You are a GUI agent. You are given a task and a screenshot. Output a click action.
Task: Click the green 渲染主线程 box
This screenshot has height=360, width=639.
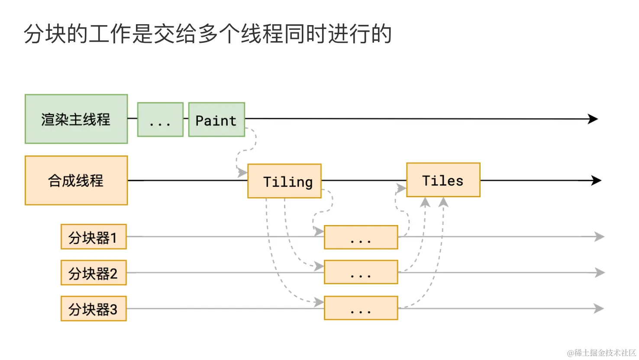[x=76, y=119]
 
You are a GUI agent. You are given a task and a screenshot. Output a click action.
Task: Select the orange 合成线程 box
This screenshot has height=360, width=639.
[x=76, y=180]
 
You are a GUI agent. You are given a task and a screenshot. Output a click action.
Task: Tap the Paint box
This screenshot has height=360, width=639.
[x=216, y=120]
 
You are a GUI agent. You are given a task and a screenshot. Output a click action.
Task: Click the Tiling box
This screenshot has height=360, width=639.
[x=284, y=181]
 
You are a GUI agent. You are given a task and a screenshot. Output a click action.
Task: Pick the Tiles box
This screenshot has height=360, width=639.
[x=443, y=180]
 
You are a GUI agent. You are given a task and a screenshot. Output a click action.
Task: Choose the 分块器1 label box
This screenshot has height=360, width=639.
[x=94, y=237]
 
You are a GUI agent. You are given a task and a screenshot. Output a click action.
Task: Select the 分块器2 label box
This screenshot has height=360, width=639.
[x=94, y=273]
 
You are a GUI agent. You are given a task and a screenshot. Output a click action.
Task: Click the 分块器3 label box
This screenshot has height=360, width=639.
[x=94, y=309]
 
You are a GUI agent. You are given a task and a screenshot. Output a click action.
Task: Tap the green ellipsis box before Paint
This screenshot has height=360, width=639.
[x=160, y=120]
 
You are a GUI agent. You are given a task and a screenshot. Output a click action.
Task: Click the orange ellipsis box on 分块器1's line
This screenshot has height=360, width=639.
[x=361, y=237]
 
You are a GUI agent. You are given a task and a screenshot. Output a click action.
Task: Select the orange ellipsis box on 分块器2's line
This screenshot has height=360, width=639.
[x=361, y=272]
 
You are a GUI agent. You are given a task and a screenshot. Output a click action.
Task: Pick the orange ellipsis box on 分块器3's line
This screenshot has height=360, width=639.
[x=361, y=308]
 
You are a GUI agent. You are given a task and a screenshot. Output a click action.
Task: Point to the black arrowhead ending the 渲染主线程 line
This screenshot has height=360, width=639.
[x=593, y=119]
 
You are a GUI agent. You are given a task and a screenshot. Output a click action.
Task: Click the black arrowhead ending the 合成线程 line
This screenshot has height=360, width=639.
[x=597, y=180]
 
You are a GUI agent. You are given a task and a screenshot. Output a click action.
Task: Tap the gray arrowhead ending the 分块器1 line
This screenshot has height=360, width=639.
[x=600, y=237]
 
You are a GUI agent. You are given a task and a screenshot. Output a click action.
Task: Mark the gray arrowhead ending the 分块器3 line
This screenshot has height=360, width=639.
[x=600, y=309]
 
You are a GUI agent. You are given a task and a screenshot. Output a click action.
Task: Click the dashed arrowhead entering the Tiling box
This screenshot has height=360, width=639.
[x=242, y=173]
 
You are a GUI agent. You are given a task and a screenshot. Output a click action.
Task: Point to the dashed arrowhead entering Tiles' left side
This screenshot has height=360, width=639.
[x=402, y=188]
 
